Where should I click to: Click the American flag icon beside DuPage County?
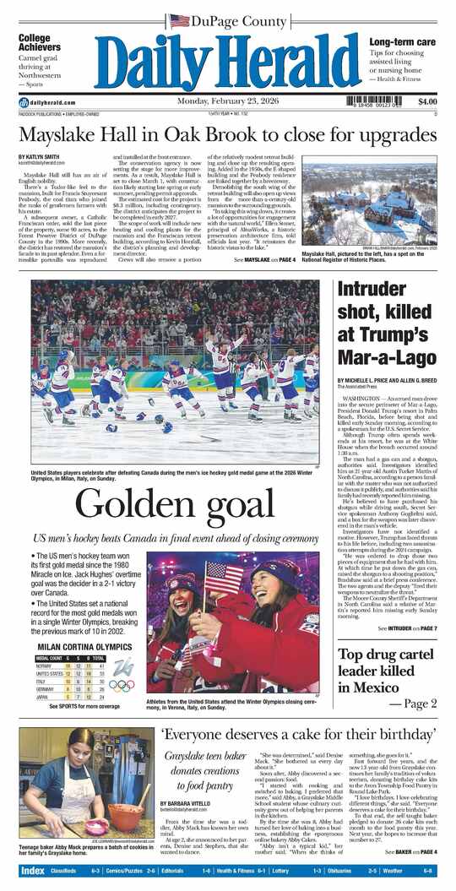tap(179, 20)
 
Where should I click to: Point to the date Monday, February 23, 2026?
tap(227, 102)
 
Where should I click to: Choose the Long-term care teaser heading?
tap(402, 42)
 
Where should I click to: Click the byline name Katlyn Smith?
tap(39, 157)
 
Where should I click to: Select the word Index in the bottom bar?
tap(32, 871)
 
